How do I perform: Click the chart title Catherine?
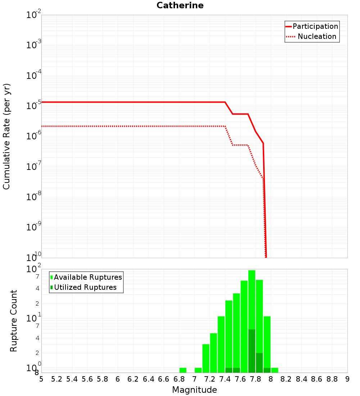tap(180, 5)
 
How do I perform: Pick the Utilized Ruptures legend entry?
tap(85, 287)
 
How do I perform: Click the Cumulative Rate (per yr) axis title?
tap(6, 136)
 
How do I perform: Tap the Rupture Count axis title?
tap(14, 321)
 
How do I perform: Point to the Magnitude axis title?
tap(194, 390)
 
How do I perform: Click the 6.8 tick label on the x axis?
tap(179, 379)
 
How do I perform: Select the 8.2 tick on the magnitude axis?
tap(286, 379)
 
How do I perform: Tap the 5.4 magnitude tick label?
tap(72, 379)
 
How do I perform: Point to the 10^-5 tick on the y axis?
tap(33, 105)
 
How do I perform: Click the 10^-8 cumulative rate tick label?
tap(33, 196)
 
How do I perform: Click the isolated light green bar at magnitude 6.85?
tap(183, 370)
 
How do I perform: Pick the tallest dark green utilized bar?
tap(252, 351)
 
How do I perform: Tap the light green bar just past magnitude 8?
tap(275, 370)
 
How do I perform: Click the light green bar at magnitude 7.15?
tap(206, 358)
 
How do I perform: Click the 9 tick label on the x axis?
tap(347, 379)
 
